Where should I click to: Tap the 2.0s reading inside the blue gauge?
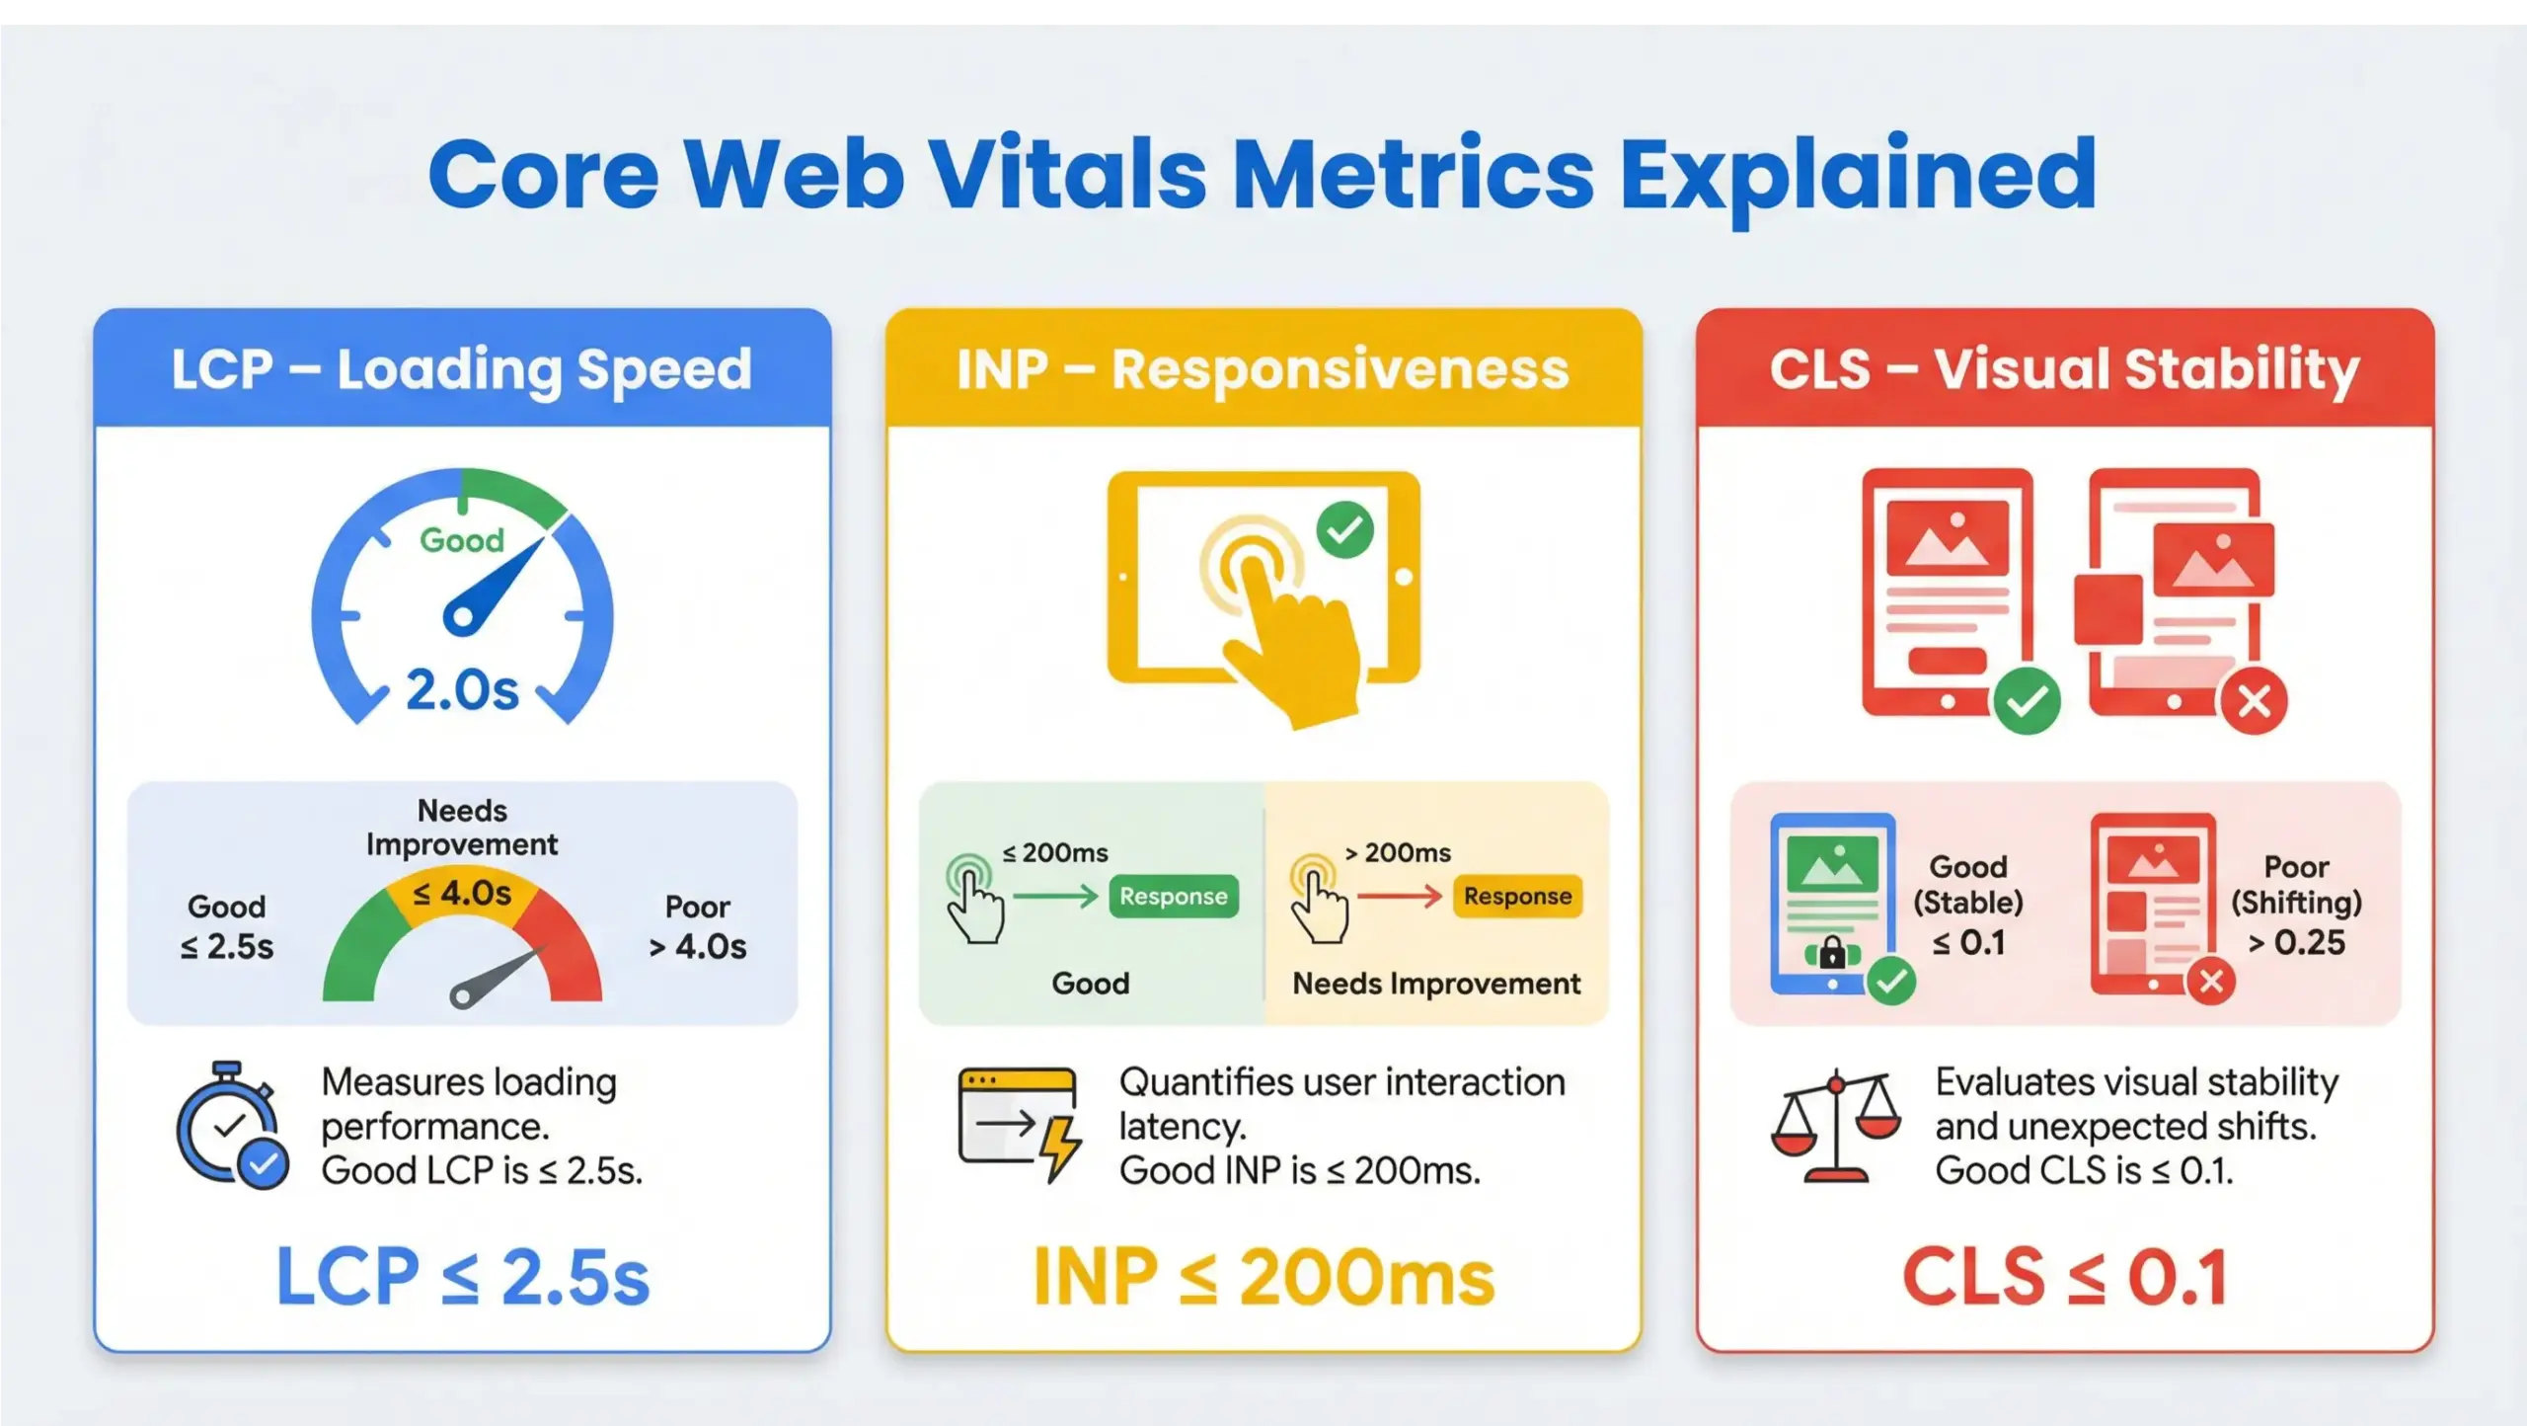[462, 690]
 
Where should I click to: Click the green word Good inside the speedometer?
[462, 540]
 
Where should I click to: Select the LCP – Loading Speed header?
[462, 369]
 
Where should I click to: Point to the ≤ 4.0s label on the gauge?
[462, 894]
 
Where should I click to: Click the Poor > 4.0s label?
[697, 927]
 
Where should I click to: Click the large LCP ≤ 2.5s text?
[462, 1277]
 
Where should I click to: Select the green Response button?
[1173, 897]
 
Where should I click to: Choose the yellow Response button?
[1517, 897]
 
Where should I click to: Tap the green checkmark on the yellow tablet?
[1344, 530]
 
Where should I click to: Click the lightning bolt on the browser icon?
[1061, 1148]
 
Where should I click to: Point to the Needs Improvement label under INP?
[1436, 984]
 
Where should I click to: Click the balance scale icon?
[1836, 1125]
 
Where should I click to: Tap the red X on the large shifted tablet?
[2254, 702]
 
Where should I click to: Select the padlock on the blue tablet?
[1832, 953]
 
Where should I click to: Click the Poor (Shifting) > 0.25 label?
[2296, 905]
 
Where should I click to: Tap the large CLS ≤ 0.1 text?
[2065, 1277]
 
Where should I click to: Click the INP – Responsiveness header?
[1263, 369]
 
